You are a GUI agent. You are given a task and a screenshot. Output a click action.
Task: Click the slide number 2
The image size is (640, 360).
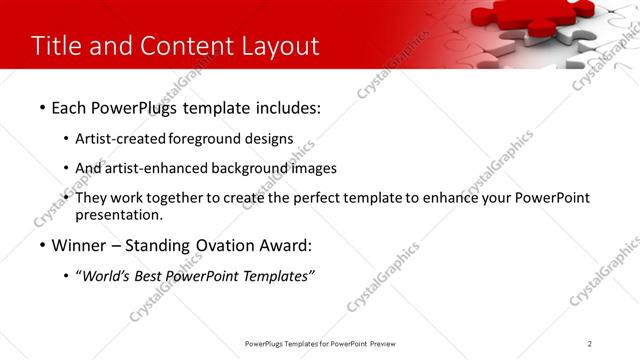590,343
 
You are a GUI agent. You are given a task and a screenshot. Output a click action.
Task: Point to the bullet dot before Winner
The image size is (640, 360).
42,245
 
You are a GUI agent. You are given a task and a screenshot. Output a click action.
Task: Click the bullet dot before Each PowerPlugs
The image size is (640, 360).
42,106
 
